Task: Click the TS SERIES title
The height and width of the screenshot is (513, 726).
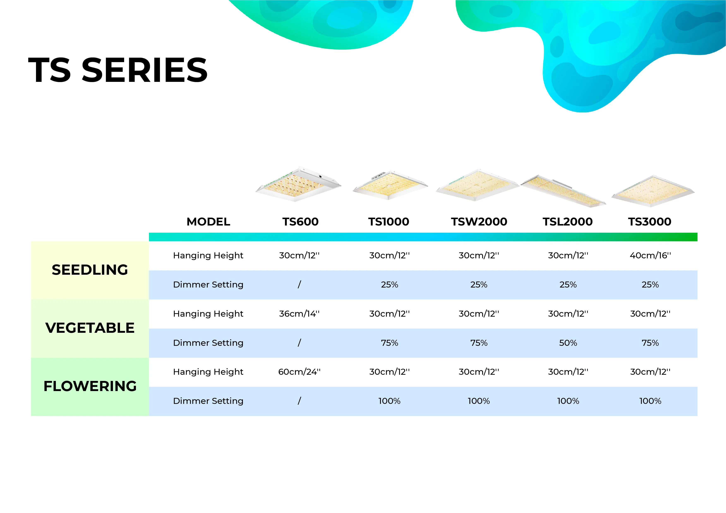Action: (118, 70)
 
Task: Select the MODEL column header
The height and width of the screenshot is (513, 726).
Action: (208, 222)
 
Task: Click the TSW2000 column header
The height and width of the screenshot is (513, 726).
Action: (479, 222)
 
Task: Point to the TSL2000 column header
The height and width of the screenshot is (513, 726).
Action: (568, 222)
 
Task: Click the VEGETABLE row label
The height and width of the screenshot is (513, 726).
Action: (90, 328)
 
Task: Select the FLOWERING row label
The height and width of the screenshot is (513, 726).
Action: (90, 386)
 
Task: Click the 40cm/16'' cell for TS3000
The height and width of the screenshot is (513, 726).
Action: (650, 255)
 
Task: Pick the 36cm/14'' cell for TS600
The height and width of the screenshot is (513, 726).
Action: (299, 314)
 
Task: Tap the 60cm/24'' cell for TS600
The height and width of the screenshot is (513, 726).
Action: (299, 372)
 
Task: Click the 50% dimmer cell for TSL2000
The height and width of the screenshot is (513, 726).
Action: (568, 343)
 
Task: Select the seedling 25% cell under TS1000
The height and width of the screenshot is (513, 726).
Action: (389, 285)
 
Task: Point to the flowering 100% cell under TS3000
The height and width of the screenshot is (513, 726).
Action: (650, 401)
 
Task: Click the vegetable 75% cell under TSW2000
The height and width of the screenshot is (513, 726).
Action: (479, 343)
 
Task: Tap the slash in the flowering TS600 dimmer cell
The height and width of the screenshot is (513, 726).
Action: (299, 401)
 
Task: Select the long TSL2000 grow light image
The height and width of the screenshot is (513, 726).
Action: (563, 191)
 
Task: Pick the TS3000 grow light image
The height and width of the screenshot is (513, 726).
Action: (653, 191)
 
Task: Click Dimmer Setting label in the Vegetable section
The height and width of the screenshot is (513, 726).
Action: (208, 343)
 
